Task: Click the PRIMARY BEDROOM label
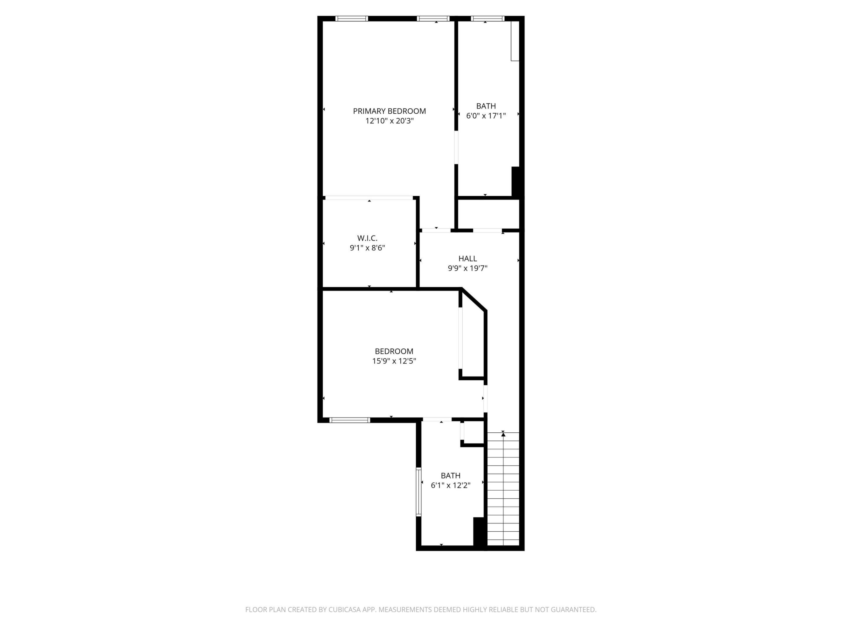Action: coord(389,111)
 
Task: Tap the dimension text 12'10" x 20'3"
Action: coord(389,121)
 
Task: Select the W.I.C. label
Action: coord(367,238)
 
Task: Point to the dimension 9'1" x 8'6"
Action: coord(367,248)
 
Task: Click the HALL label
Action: coord(467,259)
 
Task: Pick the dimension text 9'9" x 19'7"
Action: coord(467,268)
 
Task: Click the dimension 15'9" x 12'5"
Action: coord(394,361)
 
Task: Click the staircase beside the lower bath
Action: coord(503,491)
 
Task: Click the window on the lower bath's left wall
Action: coord(418,492)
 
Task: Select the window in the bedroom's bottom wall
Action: coord(349,420)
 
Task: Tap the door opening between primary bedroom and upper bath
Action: coord(456,148)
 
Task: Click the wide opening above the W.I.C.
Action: coord(369,198)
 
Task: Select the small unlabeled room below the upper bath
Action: coord(488,214)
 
